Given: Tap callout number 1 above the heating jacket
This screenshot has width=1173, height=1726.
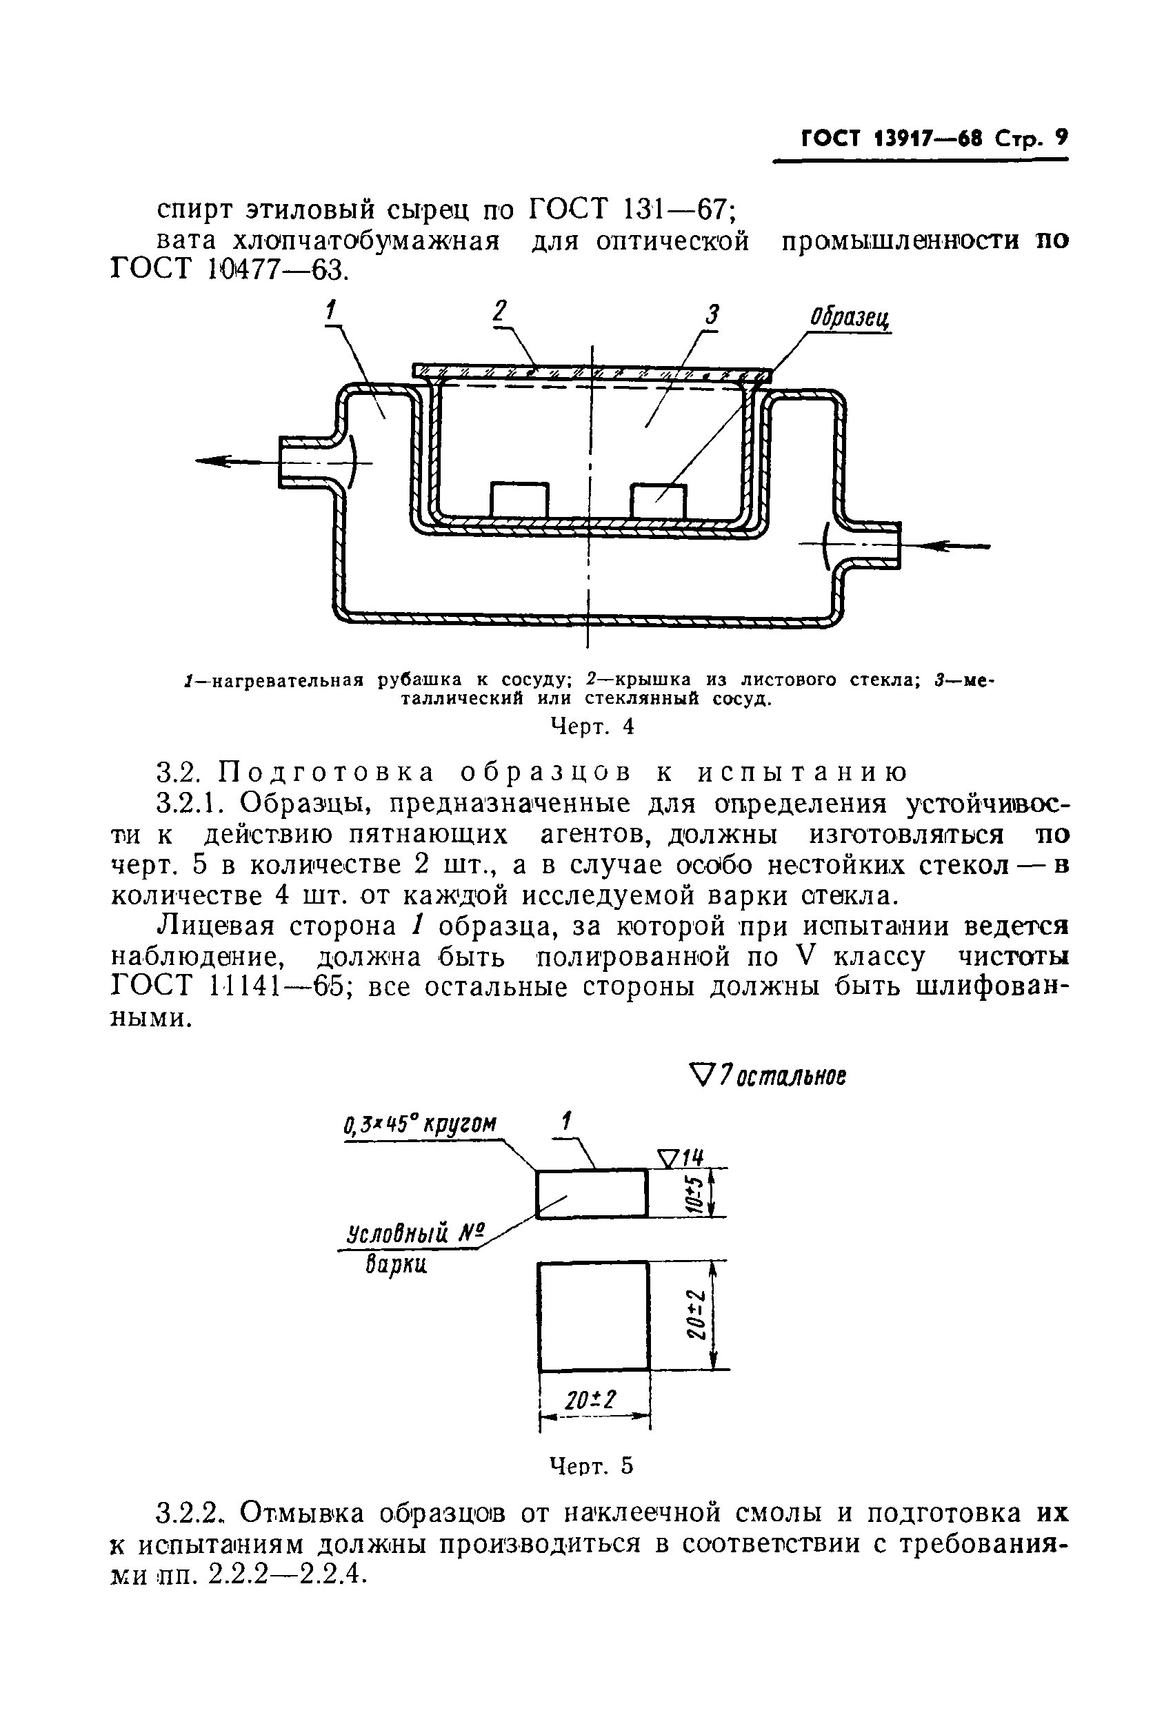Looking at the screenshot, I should tap(331, 309).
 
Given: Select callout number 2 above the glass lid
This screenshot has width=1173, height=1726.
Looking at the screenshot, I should tap(500, 310).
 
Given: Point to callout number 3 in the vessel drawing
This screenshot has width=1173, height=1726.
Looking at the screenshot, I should tap(712, 315).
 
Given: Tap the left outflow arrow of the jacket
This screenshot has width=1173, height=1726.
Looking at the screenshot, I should tap(230, 461).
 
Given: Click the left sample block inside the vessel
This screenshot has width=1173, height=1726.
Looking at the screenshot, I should tap(519, 500).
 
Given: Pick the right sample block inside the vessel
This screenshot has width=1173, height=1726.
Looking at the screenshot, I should tap(658, 500).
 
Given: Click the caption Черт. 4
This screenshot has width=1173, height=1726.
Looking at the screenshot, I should tap(592, 726).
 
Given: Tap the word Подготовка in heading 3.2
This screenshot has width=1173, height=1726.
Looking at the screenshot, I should tap(327, 773).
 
